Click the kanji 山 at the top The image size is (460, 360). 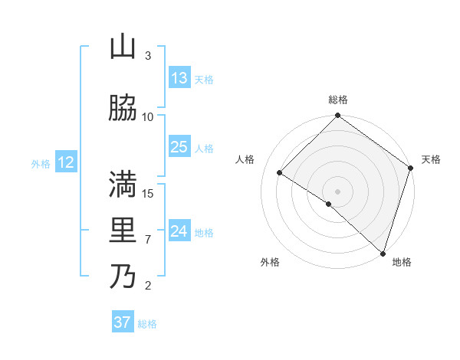pyautogui.click(x=123, y=47)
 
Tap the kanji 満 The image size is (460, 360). pyautogui.click(x=123, y=185)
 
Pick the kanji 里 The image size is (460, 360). pyautogui.click(x=123, y=231)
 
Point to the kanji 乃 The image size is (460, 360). pyautogui.click(x=123, y=276)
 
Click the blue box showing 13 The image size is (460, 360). pyautogui.click(x=179, y=78)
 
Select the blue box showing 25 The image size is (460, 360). pyautogui.click(x=179, y=147)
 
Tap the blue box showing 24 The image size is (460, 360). pyautogui.click(x=179, y=231)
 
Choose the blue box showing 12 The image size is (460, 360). pyautogui.click(x=66, y=162)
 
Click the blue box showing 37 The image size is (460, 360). pyautogui.click(x=123, y=322)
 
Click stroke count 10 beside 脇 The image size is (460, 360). pyautogui.click(x=148, y=116)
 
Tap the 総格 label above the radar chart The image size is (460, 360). pyautogui.click(x=337, y=100)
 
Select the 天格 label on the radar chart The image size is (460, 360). pyautogui.click(x=431, y=159)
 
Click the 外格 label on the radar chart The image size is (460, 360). pyautogui.click(x=269, y=262)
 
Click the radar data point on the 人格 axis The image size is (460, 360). pyautogui.click(x=280, y=173)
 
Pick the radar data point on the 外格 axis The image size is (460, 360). pyautogui.click(x=328, y=204)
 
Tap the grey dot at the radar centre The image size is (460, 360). pyautogui.click(x=337, y=191)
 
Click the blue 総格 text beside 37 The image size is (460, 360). pyautogui.click(x=147, y=324)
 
